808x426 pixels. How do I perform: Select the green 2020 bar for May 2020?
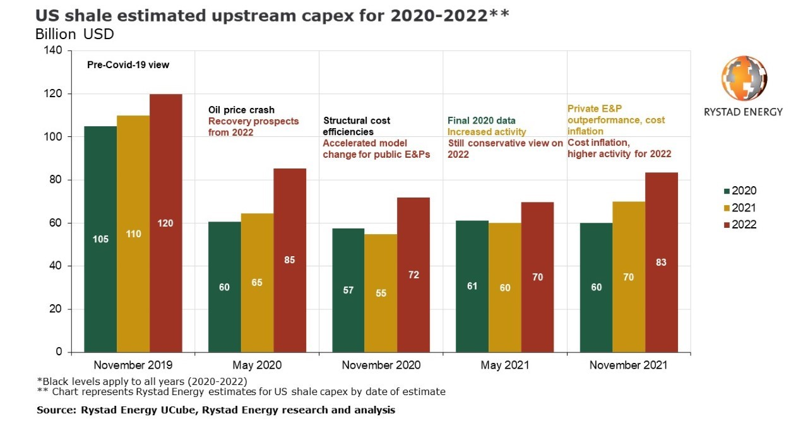(x=224, y=287)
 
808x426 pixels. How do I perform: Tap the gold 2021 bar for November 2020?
(x=381, y=293)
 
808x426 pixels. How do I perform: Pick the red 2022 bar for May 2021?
(x=537, y=277)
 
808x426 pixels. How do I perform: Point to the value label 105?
(x=100, y=239)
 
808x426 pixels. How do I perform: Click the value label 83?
(x=662, y=263)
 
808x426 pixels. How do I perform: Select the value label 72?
(x=413, y=275)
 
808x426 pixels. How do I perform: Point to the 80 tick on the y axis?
(x=57, y=180)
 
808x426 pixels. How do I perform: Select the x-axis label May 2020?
(x=256, y=365)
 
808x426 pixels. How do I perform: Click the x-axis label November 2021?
(x=628, y=365)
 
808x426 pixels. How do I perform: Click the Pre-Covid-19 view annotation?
(x=128, y=64)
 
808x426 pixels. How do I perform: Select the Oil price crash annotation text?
(x=241, y=110)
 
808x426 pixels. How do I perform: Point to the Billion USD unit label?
(x=74, y=34)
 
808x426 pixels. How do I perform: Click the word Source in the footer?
(x=56, y=410)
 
